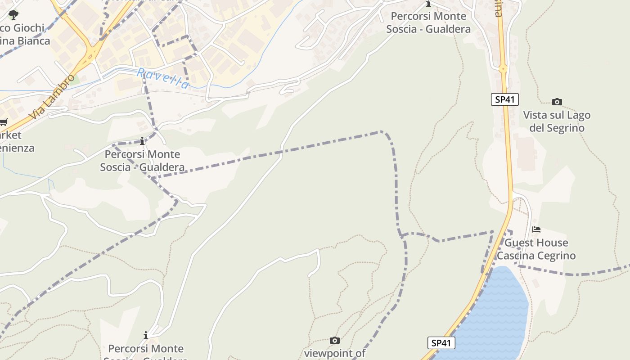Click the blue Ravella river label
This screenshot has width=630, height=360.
tap(163, 79)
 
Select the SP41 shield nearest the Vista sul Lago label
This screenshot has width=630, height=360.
tap(504, 99)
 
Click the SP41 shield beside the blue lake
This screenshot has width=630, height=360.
tap(441, 343)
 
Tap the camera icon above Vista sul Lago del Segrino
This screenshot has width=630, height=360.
tap(557, 102)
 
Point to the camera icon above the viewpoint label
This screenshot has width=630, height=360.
tap(334, 340)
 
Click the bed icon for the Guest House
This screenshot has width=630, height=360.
tap(536, 229)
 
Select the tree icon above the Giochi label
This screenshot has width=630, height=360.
tap(13, 14)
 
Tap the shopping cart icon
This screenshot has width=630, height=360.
tap(4, 122)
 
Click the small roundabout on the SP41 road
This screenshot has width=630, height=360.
tap(503, 69)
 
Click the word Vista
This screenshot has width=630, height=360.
tap(535, 115)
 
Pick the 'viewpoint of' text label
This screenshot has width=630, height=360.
tap(334, 353)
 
